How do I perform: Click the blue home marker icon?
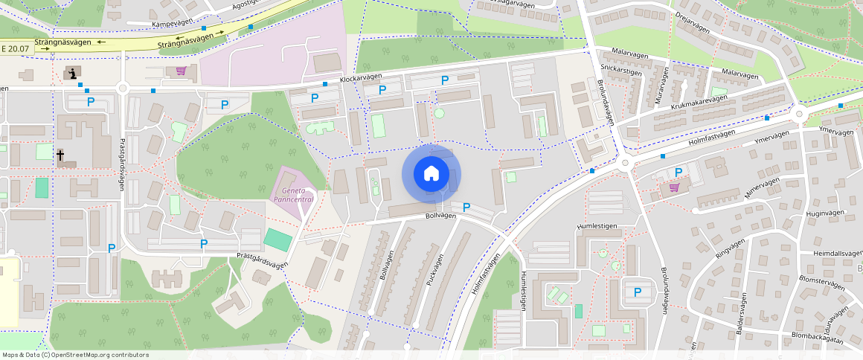point(431,174)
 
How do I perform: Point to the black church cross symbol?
point(60,155)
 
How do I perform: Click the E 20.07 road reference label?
point(15,49)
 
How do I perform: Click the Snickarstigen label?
point(620,71)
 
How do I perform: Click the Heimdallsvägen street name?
point(836,254)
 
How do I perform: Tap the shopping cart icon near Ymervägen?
point(674,187)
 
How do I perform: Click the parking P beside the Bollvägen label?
point(466,207)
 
